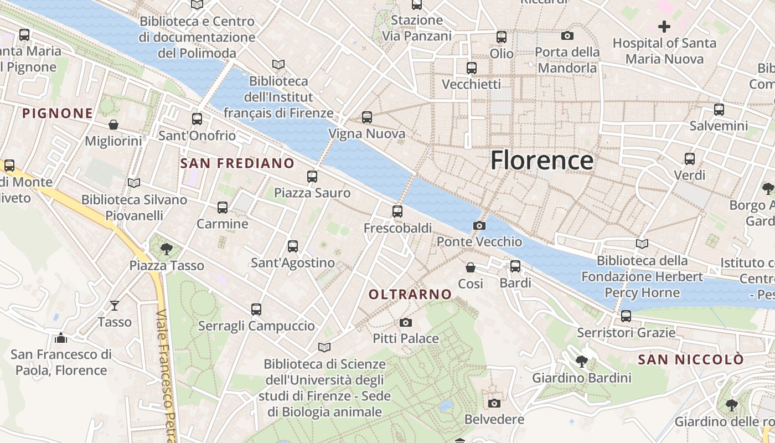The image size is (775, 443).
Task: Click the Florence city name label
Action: coord(542,161)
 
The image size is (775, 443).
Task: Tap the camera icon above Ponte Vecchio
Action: coord(479,225)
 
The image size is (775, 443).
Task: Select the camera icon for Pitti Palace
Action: coord(406,322)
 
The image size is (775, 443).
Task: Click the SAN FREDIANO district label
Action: coord(237,163)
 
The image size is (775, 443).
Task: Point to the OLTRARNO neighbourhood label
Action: coord(410,295)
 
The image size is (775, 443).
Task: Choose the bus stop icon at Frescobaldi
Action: coord(397,211)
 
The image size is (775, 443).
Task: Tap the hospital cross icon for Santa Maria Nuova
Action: coord(664,26)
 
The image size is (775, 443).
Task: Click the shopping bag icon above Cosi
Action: coord(471,267)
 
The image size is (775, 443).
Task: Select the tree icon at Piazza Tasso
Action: coord(166,249)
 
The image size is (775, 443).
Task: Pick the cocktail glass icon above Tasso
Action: coord(114,305)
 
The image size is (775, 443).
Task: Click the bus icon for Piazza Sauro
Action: coord(312,177)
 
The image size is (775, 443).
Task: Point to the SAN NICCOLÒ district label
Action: coord(691,360)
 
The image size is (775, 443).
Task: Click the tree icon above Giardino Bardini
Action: coord(581,362)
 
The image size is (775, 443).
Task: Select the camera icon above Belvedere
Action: coord(494,403)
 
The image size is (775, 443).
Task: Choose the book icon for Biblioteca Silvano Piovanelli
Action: coord(133,183)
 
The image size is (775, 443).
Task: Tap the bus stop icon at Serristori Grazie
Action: coord(626,316)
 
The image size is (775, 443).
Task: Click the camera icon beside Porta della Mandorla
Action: coord(567,35)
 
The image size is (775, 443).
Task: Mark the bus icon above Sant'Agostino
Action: coord(293,246)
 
